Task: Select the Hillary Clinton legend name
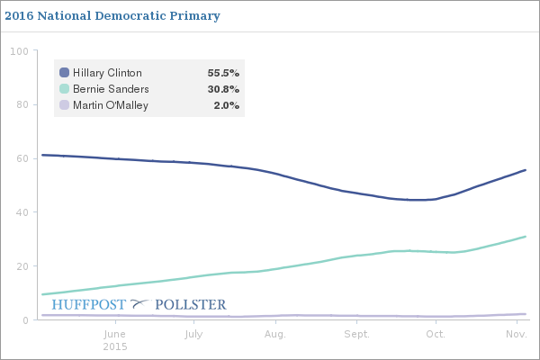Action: pyautogui.click(x=108, y=73)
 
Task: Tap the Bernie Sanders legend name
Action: pyautogui.click(x=111, y=89)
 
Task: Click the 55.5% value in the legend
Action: pyautogui.click(x=223, y=73)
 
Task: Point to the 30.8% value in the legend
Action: pyautogui.click(x=223, y=89)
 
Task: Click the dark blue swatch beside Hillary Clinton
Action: pyautogui.click(x=64, y=73)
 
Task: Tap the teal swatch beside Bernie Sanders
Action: pyautogui.click(x=64, y=89)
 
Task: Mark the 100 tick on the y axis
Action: pyautogui.click(x=18, y=51)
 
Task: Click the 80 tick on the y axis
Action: pyautogui.click(x=21, y=105)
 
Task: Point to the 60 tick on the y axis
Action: pyautogui.click(x=21, y=158)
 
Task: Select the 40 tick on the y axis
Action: pyautogui.click(x=21, y=212)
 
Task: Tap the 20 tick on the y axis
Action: pyautogui.click(x=21, y=266)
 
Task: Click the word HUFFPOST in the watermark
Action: pyautogui.click(x=89, y=305)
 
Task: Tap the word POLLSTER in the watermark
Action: pyautogui.click(x=191, y=305)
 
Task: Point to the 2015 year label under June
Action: pyautogui.click(x=115, y=346)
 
